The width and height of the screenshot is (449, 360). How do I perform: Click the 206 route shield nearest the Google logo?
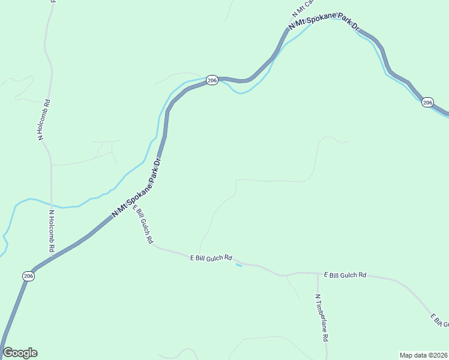(x=28, y=275)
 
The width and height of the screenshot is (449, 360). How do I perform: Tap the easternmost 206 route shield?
(x=427, y=103)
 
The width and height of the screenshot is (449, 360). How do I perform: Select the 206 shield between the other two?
(x=211, y=80)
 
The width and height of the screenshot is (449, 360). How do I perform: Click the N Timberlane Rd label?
(x=322, y=318)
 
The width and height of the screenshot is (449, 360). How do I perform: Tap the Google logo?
(x=20, y=353)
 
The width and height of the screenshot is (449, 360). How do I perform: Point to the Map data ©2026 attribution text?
(x=423, y=355)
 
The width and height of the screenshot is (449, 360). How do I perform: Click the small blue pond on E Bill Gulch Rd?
(x=239, y=265)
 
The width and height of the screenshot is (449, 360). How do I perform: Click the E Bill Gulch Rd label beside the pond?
(x=211, y=258)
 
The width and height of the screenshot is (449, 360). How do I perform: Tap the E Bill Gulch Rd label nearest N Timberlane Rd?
(x=345, y=275)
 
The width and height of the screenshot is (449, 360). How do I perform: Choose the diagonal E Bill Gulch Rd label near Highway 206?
(x=143, y=224)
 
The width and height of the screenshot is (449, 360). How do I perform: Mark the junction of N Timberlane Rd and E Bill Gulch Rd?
(x=317, y=274)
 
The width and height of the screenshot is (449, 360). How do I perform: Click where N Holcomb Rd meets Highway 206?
(x=52, y=257)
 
